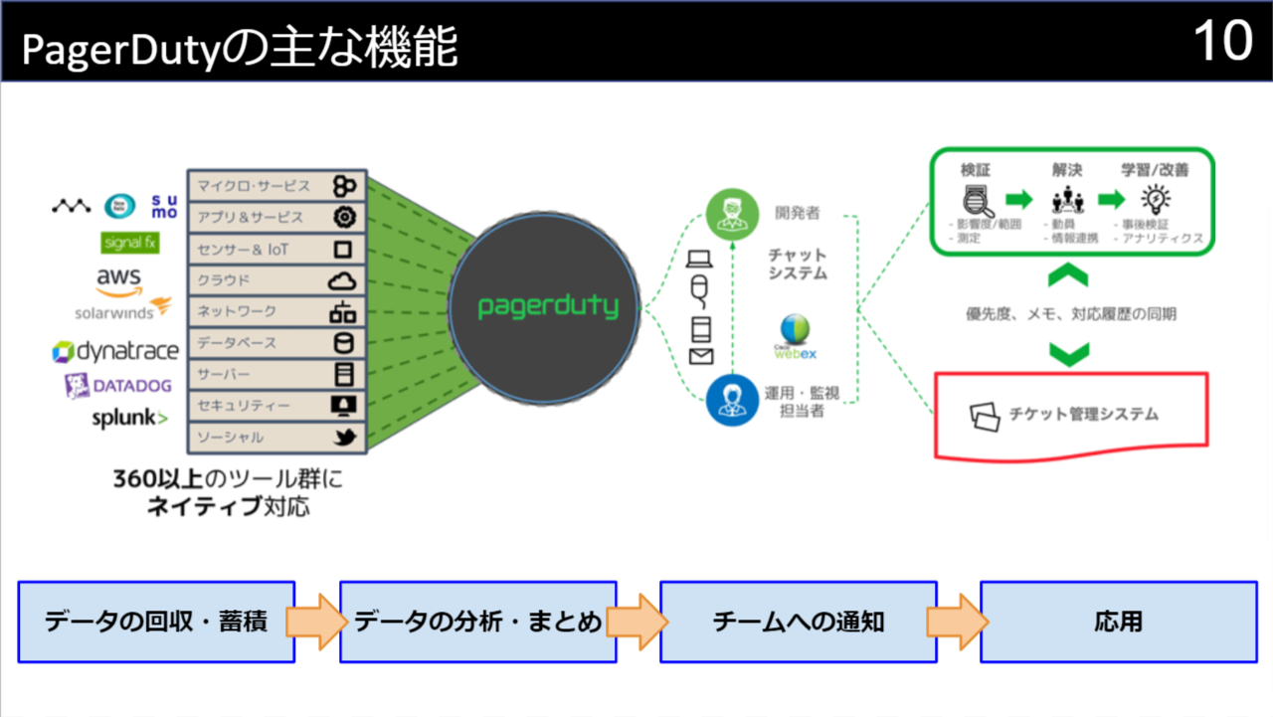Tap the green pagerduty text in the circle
click(x=548, y=306)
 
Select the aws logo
click(x=118, y=279)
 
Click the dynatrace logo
click(x=115, y=351)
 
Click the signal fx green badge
click(x=130, y=243)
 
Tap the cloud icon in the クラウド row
click(x=342, y=280)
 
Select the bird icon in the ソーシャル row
click(x=343, y=438)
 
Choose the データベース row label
click(x=237, y=343)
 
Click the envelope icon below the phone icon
click(x=701, y=356)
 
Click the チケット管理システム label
click(x=1083, y=414)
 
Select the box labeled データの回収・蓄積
click(x=156, y=623)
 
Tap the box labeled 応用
click(x=1119, y=623)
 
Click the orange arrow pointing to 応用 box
click(x=957, y=623)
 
